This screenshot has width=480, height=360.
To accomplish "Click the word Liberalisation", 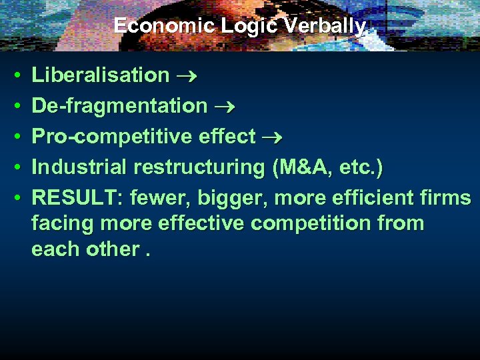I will point(101,75).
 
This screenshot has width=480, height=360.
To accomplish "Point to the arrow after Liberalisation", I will point(186,76).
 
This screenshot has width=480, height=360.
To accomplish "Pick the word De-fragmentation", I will point(119,106).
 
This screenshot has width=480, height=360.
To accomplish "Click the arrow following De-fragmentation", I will point(224,107).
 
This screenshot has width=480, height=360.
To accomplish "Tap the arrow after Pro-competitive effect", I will point(272,137).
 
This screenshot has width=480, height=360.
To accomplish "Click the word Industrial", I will point(81,167).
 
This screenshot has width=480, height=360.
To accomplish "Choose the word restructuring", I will point(201,167).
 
